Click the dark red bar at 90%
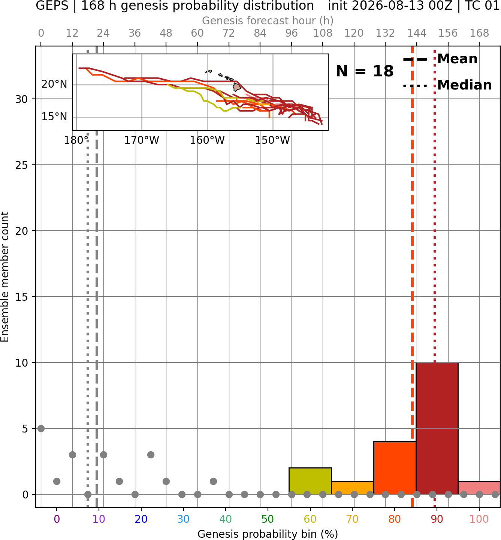tap(437, 428)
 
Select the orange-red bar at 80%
tap(395, 468)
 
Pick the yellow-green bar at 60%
tap(310, 481)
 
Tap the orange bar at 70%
tap(353, 488)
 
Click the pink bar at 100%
tap(479, 488)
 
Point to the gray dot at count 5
tap(41, 428)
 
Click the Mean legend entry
tap(440, 59)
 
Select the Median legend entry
tap(447, 85)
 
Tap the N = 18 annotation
tap(365, 71)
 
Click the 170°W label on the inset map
tap(142, 140)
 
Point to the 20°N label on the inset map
tap(54, 84)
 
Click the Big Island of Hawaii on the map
tap(237, 87)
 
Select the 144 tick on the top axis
tap(416, 33)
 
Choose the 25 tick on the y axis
tap(22, 165)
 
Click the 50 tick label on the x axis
tap(268, 519)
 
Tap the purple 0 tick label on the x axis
tap(57, 519)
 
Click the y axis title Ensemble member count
tap(5, 277)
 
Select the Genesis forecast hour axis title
tap(268, 21)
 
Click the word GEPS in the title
tap(52, 6)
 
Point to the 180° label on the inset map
tap(76, 140)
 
